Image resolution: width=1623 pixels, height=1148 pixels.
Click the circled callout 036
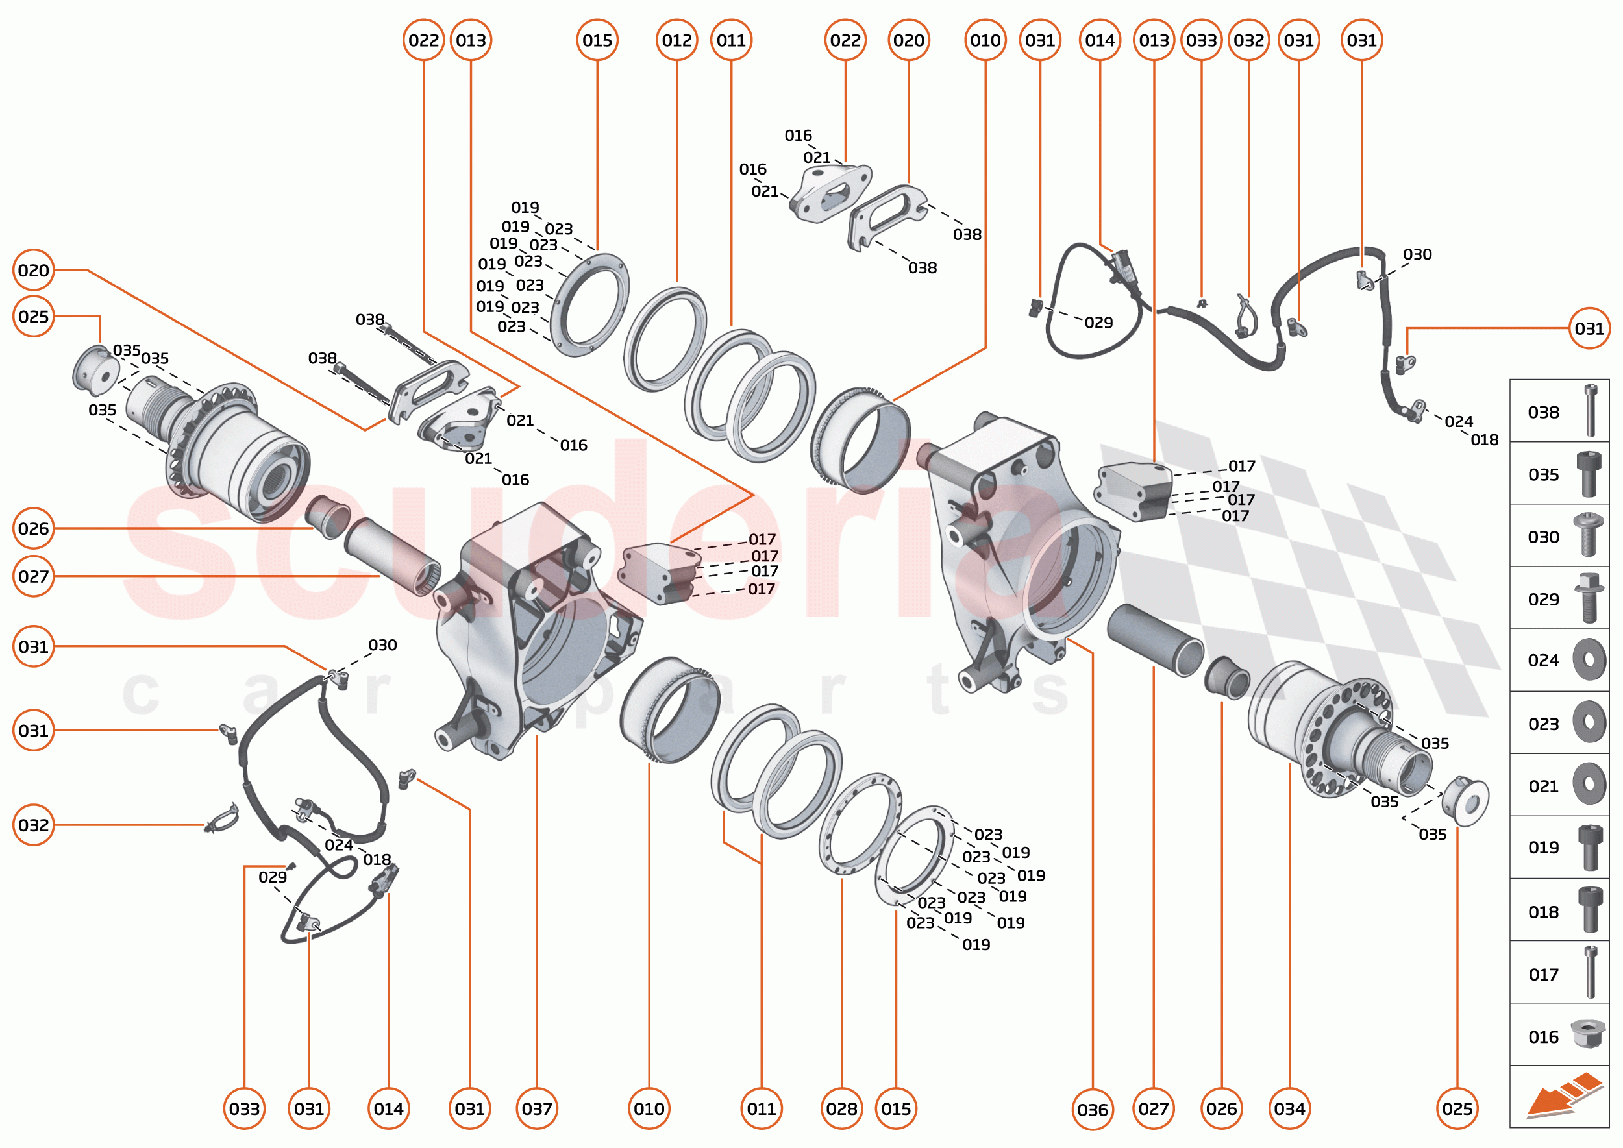pyautogui.click(x=1092, y=1110)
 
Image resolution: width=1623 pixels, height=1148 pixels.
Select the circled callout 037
pyautogui.click(x=537, y=1109)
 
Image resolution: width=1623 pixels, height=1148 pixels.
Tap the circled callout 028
pyautogui.click(x=841, y=1109)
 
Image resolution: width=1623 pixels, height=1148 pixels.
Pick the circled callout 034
pyautogui.click(x=1289, y=1109)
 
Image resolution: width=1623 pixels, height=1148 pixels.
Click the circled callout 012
pyautogui.click(x=676, y=40)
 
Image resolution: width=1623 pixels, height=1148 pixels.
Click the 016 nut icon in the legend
pyautogui.click(x=1588, y=1034)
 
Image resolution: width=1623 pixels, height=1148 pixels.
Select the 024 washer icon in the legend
pyautogui.click(x=1589, y=659)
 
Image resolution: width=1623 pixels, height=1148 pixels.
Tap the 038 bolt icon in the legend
pyautogui.click(x=1591, y=411)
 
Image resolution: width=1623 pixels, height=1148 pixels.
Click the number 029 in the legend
pyautogui.click(x=1543, y=600)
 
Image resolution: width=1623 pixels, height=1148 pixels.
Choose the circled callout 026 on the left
pyautogui.click(x=34, y=529)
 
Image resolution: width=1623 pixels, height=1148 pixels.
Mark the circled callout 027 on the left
pyautogui.click(x=34, y=576)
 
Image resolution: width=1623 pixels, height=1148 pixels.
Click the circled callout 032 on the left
pyautogui.click(x=34, y=825)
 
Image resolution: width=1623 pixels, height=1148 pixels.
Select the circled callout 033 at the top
pyautogui.click(x=1202, y=40)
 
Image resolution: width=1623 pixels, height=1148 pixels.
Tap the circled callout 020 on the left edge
pyautogui.click(x=34, y=270)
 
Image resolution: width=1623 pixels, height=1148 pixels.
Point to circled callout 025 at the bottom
pyautogui.click(x=1457, y=1109)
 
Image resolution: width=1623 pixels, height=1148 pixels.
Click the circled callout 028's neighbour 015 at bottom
pyautogui.click(x=896, y=1109)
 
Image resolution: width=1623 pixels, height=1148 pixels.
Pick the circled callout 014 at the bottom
pyautogui.click(x=389, y=1109)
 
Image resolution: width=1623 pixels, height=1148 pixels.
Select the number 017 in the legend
pyautogui.click(x=1543, y=975)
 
